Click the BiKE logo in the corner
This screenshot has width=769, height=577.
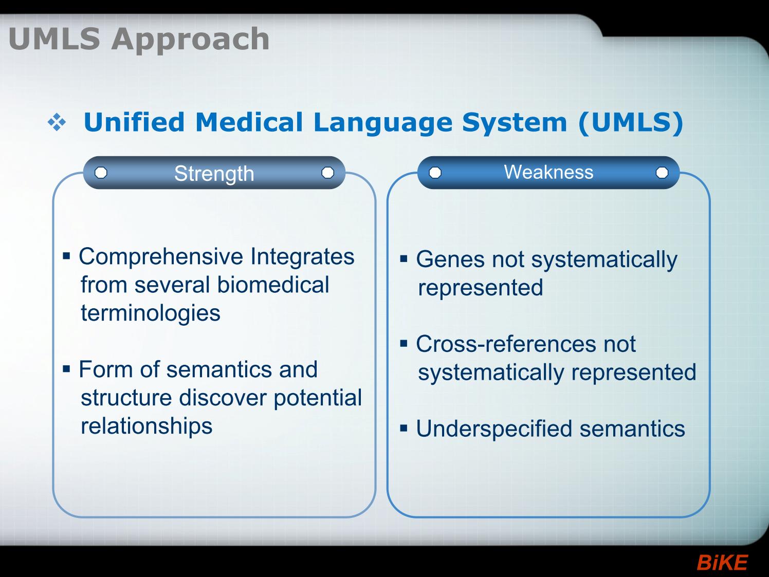(722, 563)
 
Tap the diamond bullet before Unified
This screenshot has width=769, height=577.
(57, 123)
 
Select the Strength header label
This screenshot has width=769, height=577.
(214, 173)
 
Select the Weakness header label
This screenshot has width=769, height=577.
(548, 172)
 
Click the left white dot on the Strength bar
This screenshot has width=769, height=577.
(101, 173)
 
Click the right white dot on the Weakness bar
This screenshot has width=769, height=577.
(662, 173)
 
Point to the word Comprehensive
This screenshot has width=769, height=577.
(161, 257)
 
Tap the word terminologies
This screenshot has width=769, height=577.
(151, 313)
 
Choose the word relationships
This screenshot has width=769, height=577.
(147, 426)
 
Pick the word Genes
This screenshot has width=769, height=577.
(450, 259)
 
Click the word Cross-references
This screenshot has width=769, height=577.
(505, 344)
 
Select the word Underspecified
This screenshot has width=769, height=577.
(495, 429)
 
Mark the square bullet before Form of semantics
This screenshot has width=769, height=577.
(66, 369)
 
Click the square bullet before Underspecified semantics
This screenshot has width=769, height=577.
(404, 428)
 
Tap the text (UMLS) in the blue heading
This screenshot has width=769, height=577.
(631, 123)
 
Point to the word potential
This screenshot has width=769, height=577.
(318, 398)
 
